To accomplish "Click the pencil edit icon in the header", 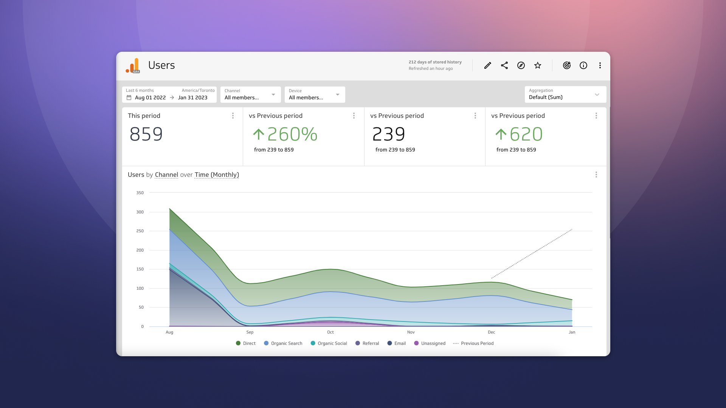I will [487, 65].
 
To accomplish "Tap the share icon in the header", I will [504, 65].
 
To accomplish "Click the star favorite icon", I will [538, 65].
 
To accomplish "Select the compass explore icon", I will [521, 65].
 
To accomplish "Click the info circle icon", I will [583, 65].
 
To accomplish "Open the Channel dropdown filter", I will [250, 94].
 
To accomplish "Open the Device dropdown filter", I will [315, 94].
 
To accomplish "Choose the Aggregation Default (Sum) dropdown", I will [565, 94].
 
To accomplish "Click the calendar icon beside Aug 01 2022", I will [129, 97].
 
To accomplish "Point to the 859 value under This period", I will [146, 134].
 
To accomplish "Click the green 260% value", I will [292, 134].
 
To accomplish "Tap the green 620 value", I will [526, 134].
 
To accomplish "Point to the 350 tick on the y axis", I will [140, 193].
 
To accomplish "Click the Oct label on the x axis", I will [330, 332].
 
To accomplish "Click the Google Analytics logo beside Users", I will [133, 65].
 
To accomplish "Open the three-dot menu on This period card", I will [233, 116].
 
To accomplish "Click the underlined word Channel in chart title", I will [166, 175].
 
